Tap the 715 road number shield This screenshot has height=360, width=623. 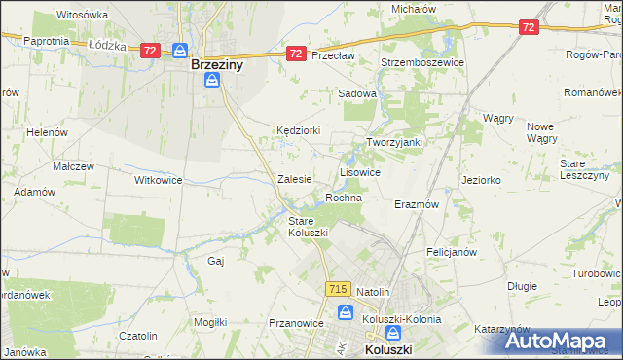point(338,289)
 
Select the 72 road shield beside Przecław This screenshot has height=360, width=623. point(296,54)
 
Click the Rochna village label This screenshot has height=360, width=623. point(344,198)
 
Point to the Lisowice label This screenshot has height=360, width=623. point(359,171)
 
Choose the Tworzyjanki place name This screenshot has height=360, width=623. point(393,142)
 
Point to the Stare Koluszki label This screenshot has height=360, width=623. point(308,227)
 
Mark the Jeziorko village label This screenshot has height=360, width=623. point(481,180)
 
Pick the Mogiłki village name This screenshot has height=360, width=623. point(210,321)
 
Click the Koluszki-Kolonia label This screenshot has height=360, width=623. point(401,318)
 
